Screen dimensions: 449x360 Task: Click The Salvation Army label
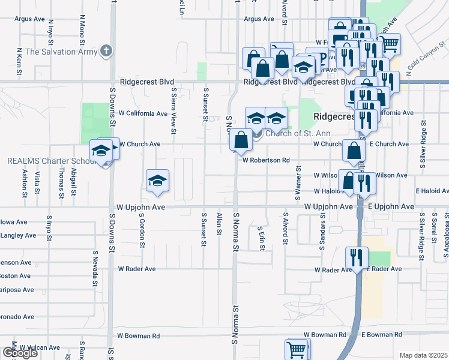61,51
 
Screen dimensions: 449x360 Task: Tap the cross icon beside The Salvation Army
107,50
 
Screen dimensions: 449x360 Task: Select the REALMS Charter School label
50,161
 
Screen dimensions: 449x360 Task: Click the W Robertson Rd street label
266,160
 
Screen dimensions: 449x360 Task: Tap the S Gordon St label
142,230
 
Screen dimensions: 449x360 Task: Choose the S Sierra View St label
173,110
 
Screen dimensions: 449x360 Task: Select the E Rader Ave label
385,269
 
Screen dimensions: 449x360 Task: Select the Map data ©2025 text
424,355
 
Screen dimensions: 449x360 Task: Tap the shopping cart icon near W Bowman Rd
297,349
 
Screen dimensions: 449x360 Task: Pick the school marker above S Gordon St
157,180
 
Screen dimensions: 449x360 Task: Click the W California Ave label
143,113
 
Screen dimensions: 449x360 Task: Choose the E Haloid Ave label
432,191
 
